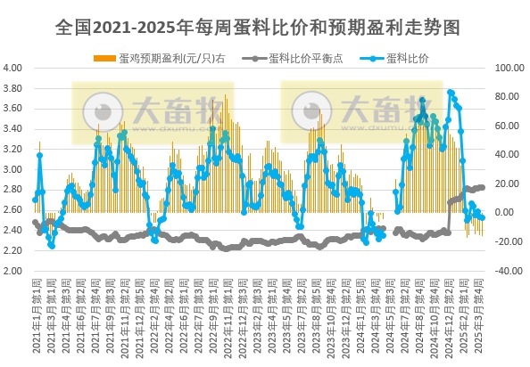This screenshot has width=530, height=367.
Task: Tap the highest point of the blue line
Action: (451, 92)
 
